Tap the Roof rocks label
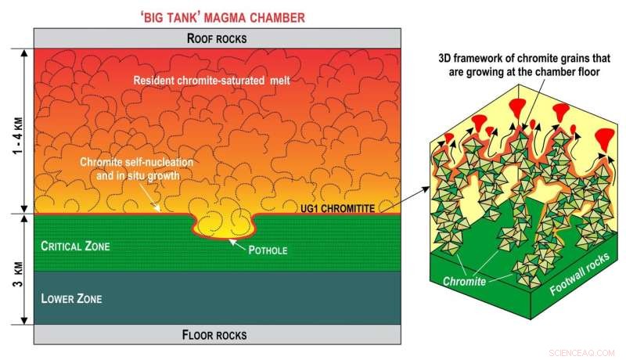(x=215, y=38)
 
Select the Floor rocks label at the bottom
(x=215, y=335)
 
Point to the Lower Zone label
(x=71, y=298)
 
